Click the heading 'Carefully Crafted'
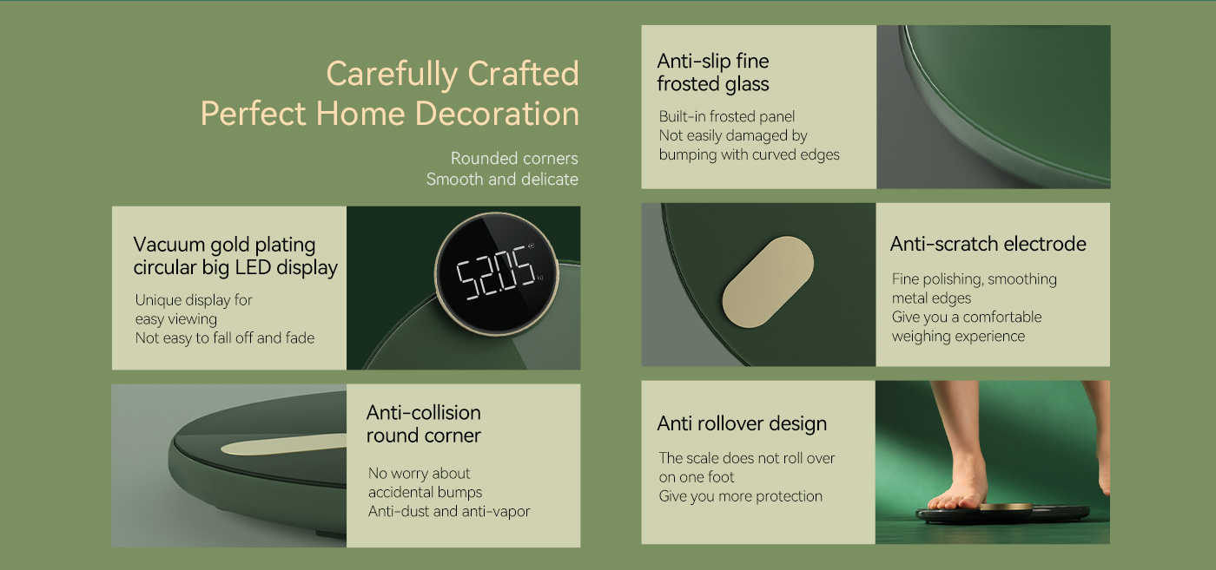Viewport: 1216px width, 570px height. tap(453, 75)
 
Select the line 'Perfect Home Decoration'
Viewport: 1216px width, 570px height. tap(390, 114)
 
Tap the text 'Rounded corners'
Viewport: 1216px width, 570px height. tap(514, 159)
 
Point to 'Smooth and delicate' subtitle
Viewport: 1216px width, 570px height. tap(502, 179)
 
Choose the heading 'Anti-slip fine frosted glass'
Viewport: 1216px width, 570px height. tap(713, 73)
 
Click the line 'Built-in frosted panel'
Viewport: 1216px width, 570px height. tap(726, 116)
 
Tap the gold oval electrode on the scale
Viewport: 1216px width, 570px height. tap(768, 281)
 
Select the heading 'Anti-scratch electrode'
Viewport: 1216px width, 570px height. tap(988, 244)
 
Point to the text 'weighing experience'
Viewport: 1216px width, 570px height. tap(958, 337)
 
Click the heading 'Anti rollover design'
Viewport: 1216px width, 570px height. tap(742, 423)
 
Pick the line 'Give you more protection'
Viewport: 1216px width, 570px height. tap(740, 496)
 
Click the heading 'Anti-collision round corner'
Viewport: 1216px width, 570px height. tap(424, 424)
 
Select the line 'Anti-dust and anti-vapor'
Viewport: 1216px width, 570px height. tap(449, 511)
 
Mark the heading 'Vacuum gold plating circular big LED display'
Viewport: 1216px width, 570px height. tap(235, 257)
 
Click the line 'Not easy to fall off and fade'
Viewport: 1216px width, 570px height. tap(225, 337)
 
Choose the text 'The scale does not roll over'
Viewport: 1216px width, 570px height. tap(746, 458)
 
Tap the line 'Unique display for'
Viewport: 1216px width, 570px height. tap(194, 300)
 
